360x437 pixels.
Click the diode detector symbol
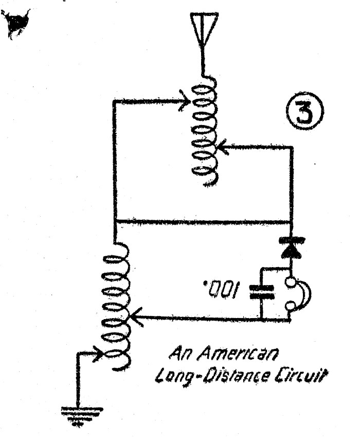click(292, 247)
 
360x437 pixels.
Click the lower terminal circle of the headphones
click(292, 308)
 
